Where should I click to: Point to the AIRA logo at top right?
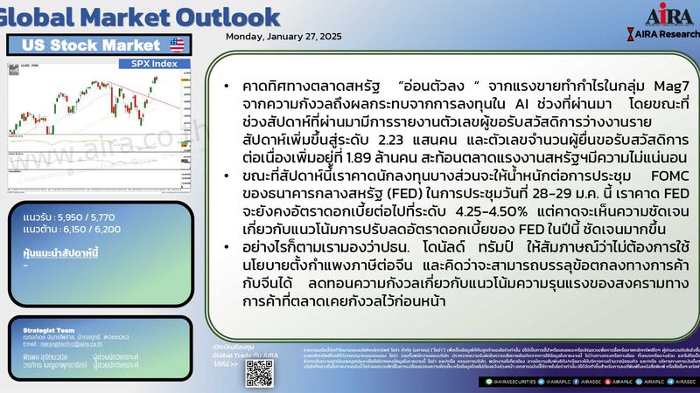tap(668, 17)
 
